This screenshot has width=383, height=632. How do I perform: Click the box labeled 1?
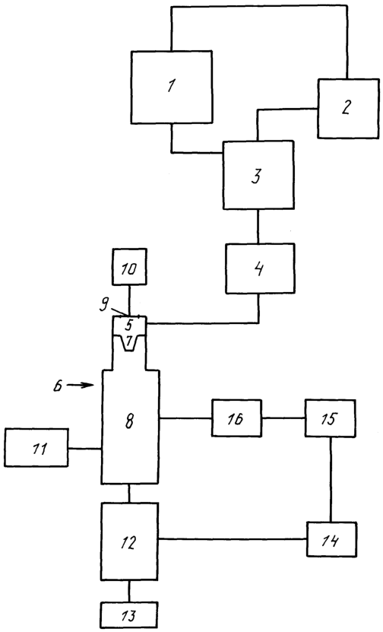click(x=172, y=87)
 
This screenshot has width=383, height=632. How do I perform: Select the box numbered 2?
click(x=348, y=109)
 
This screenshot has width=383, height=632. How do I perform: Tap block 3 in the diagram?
click(x=258, y=175)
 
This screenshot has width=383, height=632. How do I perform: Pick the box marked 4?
click(x=259, y=268)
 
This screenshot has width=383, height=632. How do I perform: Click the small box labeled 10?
click(x=129, y=267)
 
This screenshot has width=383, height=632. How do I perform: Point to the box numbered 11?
click(x=36, y=448)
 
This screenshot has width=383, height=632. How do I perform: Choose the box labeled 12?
click(x=129, y=541)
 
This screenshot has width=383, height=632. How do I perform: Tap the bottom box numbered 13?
click(x=129, y=615)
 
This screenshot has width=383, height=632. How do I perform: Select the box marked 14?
click(x=331, y=539)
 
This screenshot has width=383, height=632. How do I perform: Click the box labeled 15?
click(x=331, y=418)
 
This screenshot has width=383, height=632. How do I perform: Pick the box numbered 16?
click(x=237, y=418)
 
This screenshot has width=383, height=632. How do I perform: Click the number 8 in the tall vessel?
click(x=129, y=421)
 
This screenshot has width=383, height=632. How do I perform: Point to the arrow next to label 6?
click(x=80, y=385)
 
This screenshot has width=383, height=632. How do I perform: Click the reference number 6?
click(x=59, y=387)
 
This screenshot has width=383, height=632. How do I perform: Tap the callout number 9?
click(x=104, y=303)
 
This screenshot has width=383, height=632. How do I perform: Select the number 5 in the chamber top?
click(x=129, y=324)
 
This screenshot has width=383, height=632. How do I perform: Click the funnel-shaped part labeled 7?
click(x=129, y=343)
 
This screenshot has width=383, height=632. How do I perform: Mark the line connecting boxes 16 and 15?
click(x=283, y=418)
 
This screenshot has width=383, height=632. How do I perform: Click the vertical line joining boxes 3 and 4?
click(x=258, y=227)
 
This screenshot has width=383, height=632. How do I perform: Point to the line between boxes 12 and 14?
click(x=233, y=538)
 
